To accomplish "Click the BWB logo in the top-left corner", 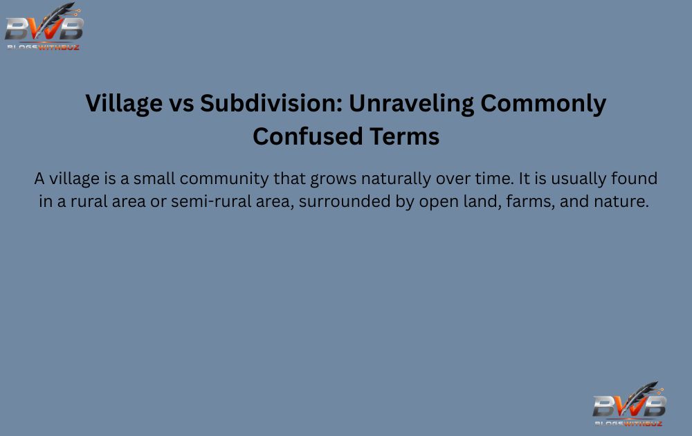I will tap(44, 27).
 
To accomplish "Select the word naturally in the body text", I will tap(394, 179).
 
